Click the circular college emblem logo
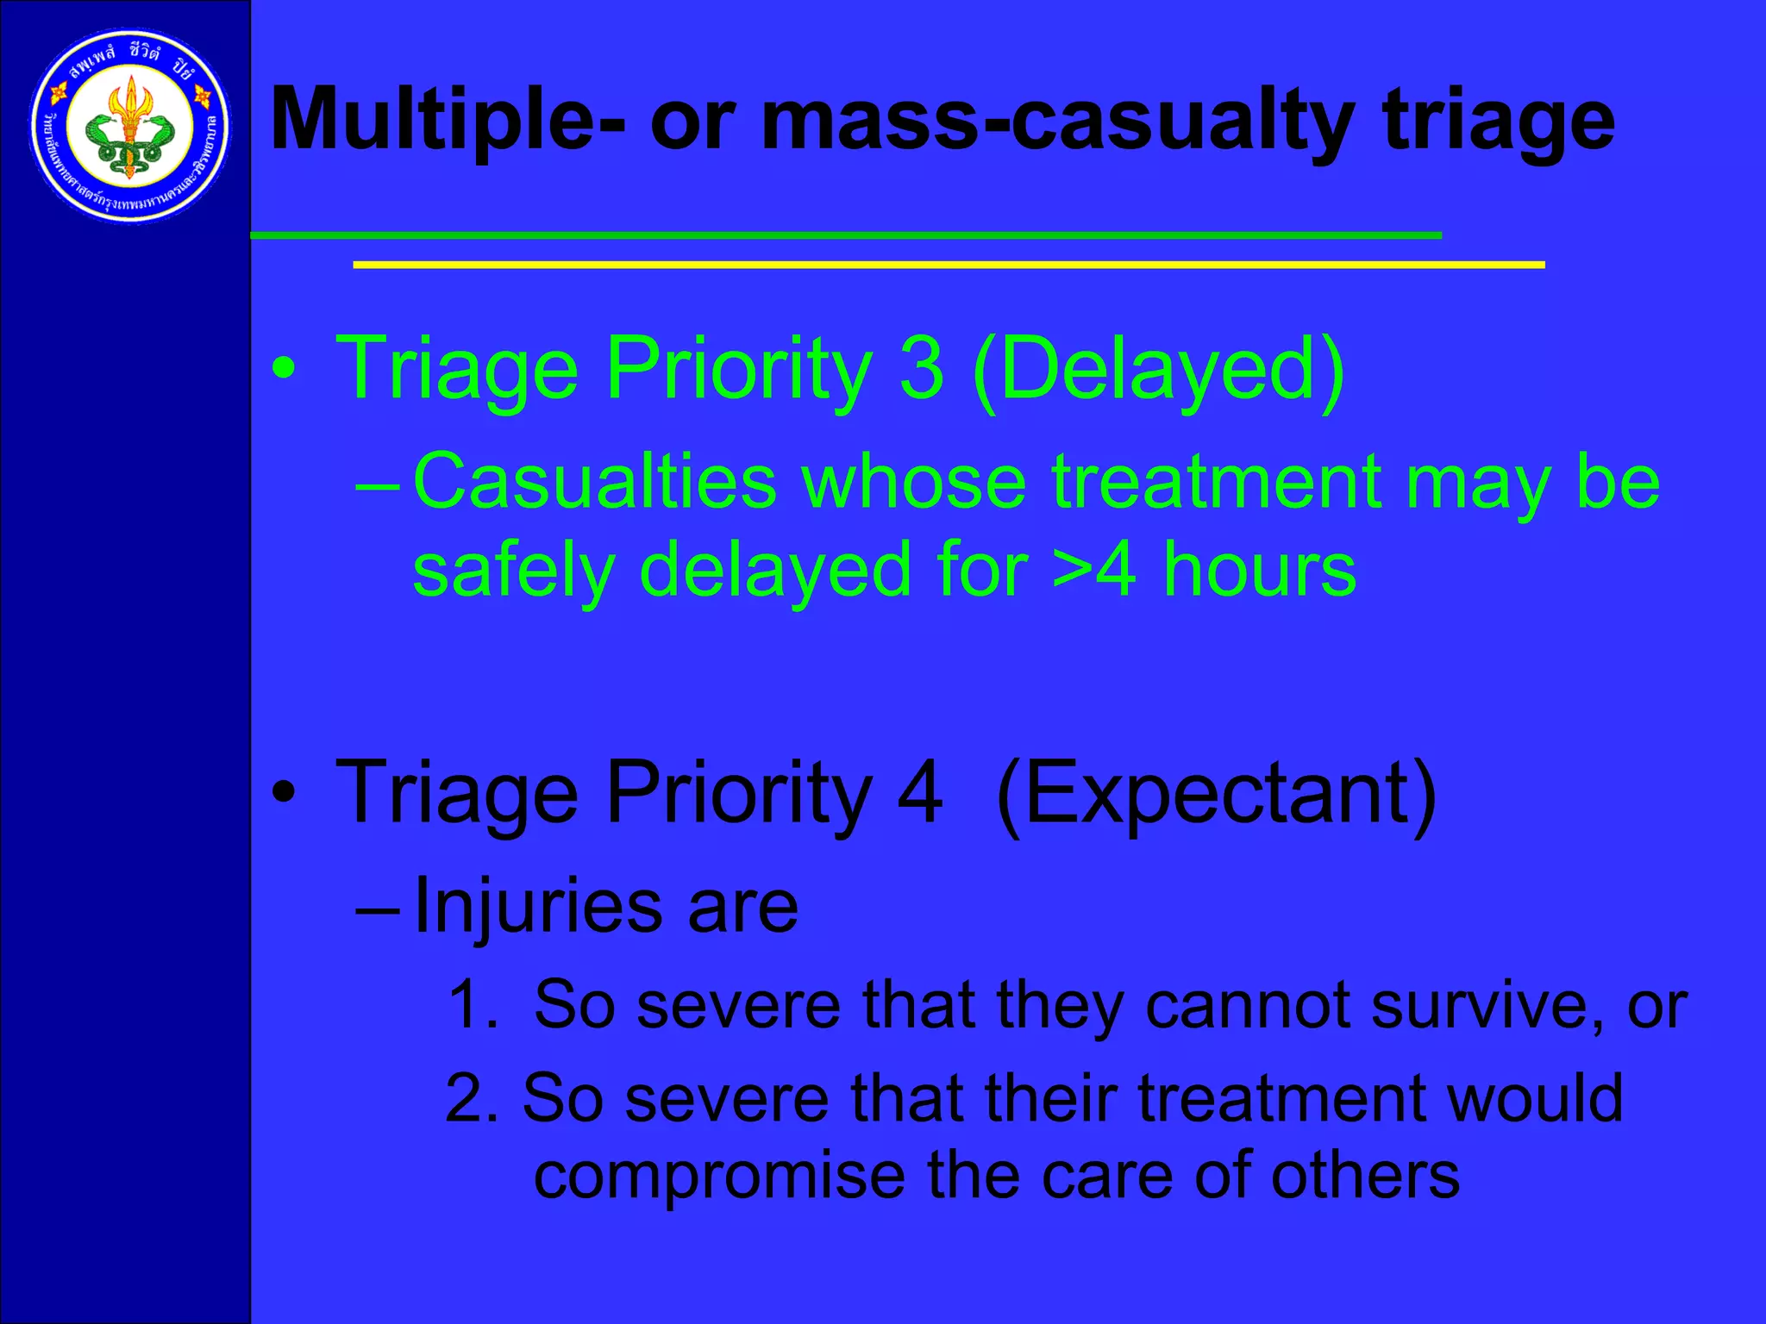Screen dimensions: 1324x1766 [x=130, y=127]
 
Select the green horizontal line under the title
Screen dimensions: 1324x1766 [x=845, y=234]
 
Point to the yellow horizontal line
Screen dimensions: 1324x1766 [x=949, y=265]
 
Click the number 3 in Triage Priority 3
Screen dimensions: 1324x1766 [x=921, y=368]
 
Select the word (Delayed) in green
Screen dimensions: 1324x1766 [x=1158, y=370]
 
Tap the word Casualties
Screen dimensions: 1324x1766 [x=595, y=482]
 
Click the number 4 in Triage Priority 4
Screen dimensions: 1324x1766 [x=919, y=792]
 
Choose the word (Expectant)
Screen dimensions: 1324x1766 [x=1216, y=794]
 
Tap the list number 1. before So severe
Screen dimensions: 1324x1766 [x=473, y=1004]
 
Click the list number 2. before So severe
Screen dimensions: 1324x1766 [x=472, y=1098]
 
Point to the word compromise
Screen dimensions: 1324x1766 [x=719, y=1177]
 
